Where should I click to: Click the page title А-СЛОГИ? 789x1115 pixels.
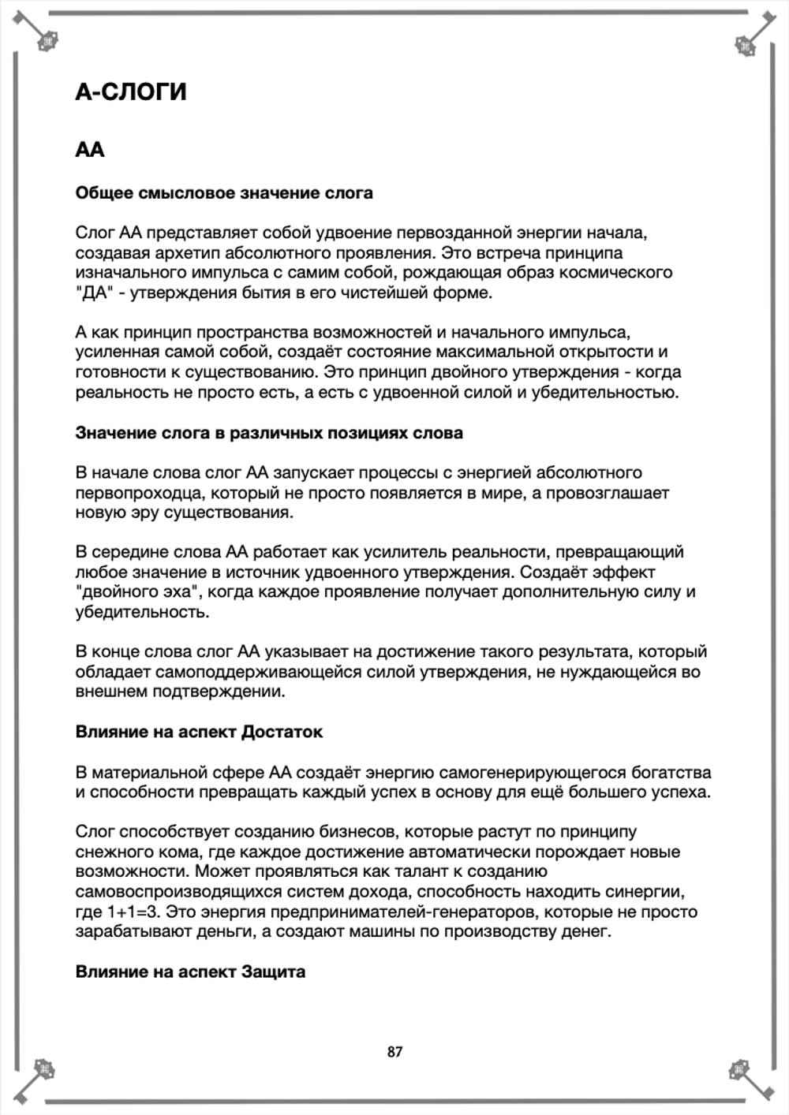point(131,92)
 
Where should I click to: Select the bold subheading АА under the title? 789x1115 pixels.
point(90,150)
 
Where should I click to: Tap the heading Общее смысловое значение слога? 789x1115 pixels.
point(224,193)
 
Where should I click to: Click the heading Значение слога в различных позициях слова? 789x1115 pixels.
point(269,433)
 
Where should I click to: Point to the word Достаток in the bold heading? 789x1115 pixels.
point(282,732)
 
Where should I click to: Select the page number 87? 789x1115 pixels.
point(394,1051)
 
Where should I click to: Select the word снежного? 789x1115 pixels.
point(110,852)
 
